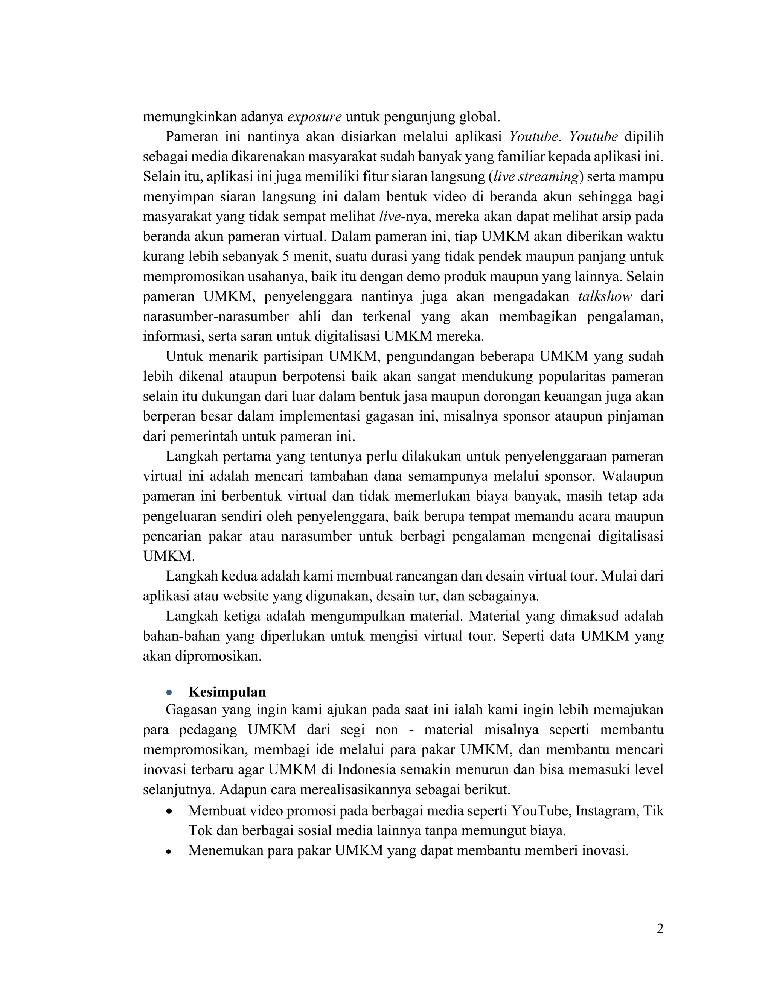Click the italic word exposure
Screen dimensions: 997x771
314,117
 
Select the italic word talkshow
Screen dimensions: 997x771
605,297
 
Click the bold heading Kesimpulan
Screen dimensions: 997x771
227,692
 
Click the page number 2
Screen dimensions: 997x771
660,929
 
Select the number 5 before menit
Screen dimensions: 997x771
285,257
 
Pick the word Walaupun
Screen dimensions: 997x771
632,477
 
